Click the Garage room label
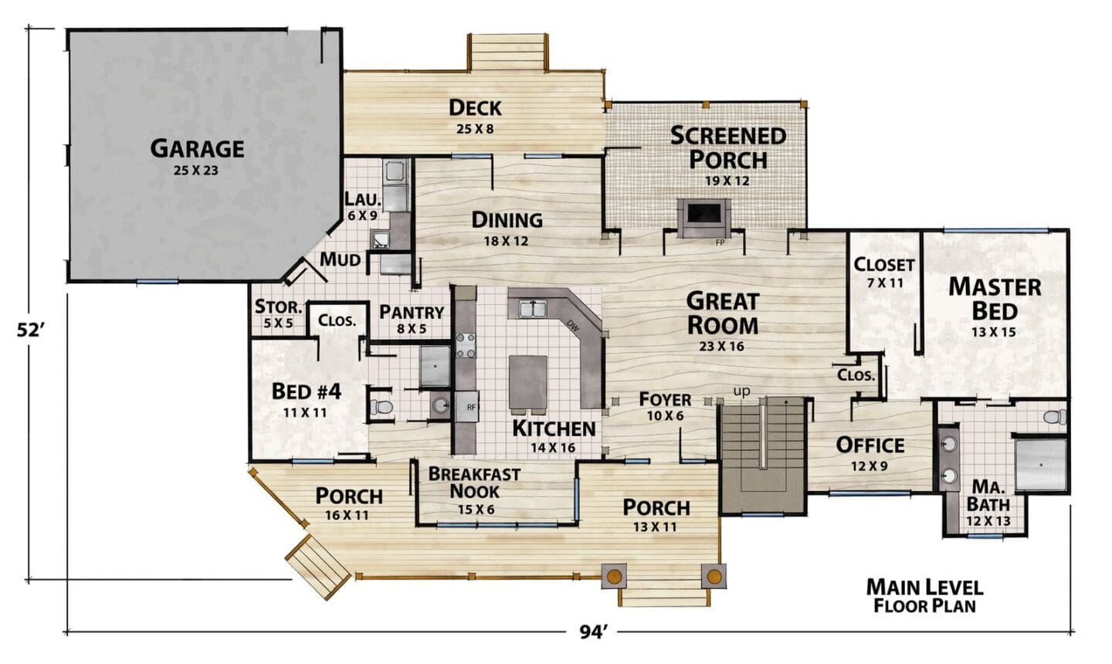[x=197, y=148]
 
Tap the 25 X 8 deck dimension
[x=475, y=129]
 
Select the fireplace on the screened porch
[x=704, y=219]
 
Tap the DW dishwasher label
[x=573, y=325]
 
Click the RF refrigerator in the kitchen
[x=467, y=406]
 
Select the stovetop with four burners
[x=466, y=345]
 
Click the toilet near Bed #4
[x=381, y=408]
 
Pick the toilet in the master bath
[x=1054, y=417]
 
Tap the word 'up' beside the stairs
[x=741, y=392]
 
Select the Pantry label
[x=412, y=312]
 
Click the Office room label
[x=870, y=445]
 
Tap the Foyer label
[x=665, y=399]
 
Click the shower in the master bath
[x=1040, y=465]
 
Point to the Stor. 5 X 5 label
[x=278, y=314]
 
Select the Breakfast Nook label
[x=474, y=483]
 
